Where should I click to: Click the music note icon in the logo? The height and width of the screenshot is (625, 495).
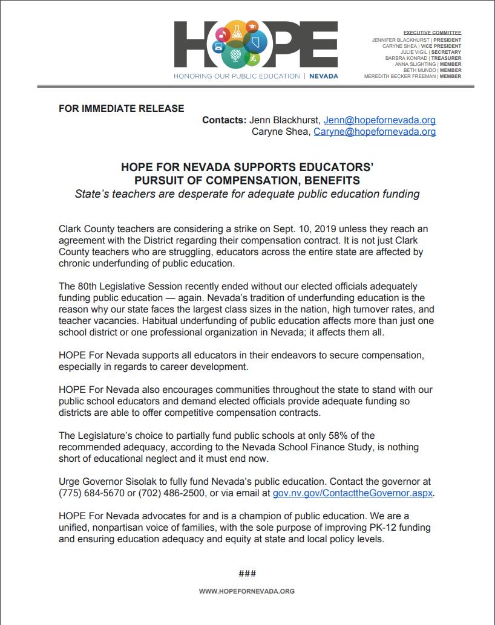pos(222,36)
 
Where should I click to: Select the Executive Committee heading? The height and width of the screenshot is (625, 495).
pos(432,33)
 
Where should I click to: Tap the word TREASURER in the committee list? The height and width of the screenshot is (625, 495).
pos(447,58)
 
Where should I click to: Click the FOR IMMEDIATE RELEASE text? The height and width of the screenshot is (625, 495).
pos(121,109)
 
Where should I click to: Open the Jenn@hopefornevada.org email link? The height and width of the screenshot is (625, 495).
pos(379,120)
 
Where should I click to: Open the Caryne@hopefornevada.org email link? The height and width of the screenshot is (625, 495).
pos(374,131)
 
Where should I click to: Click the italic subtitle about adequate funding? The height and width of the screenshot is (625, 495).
pos(247,194)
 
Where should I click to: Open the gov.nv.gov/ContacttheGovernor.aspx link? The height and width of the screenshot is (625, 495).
pos(353,493)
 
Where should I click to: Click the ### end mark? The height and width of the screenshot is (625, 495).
pos(247,573)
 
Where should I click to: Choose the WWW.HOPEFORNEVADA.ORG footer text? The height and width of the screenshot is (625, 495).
pos(247,591)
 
